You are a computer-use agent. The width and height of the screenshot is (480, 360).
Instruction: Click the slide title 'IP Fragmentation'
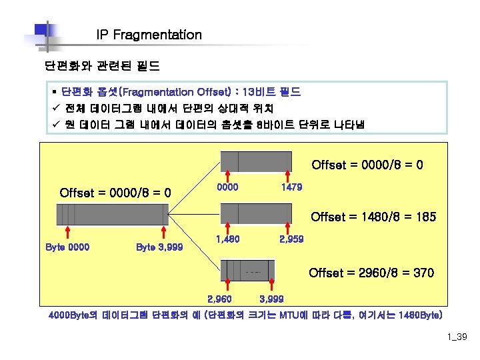(149, 35)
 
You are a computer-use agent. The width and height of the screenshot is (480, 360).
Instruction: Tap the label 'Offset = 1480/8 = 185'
(373, 217)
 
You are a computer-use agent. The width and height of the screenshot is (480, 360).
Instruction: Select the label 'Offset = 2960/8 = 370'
(371, 273)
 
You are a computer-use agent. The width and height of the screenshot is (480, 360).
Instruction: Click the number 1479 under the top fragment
(291, 187)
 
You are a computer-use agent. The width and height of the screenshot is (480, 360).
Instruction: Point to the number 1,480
(227, 238)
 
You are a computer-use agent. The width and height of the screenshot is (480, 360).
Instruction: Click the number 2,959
(291, 238)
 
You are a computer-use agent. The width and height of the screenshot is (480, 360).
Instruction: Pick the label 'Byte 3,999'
(159, 247)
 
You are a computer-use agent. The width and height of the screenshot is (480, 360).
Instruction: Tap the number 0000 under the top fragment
(229, 187)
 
